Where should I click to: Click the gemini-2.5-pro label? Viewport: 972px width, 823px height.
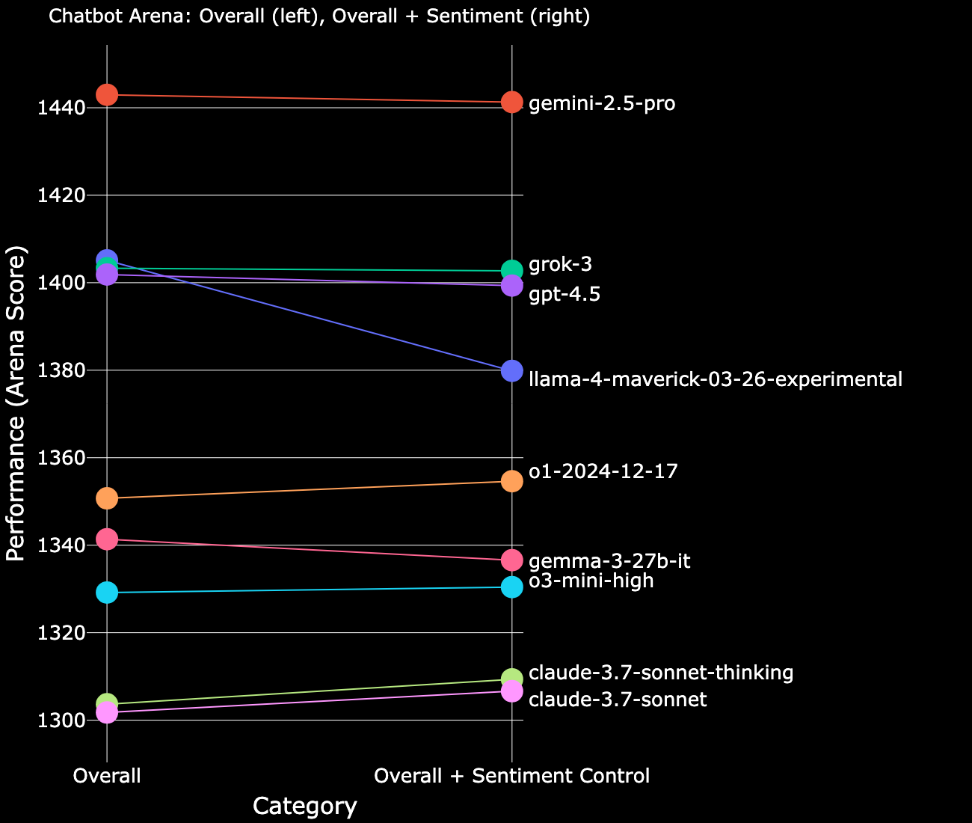pos(602,103)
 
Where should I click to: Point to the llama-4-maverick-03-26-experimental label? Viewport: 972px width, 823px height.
pos(716,379)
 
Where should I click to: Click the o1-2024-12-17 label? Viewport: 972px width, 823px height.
pos(603,472)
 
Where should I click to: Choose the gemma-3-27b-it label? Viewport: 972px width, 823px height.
pos(589,562)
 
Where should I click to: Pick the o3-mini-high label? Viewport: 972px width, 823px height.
pos(591,581)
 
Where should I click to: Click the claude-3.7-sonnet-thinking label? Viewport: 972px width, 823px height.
pos(661,673)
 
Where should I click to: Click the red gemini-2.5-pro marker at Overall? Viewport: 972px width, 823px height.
pos(107,95)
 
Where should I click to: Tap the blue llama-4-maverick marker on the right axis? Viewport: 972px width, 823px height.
pos(511,370)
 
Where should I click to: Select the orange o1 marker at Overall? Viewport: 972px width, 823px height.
pos(107,498)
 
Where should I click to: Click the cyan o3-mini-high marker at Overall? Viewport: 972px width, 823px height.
pos(107,593)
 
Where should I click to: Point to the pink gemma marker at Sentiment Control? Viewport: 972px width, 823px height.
pos(511,560)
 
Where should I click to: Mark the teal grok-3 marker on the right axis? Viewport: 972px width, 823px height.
pos(511,271)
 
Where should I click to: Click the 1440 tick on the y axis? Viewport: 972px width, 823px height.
pos(61,108)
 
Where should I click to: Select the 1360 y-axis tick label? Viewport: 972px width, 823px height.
pos(61,458)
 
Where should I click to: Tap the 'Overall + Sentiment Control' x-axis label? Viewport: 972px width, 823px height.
pos(511,777)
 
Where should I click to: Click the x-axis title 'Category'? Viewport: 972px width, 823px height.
pos(305,806)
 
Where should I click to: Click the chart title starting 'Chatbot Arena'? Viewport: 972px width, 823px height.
pos(319,17)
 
